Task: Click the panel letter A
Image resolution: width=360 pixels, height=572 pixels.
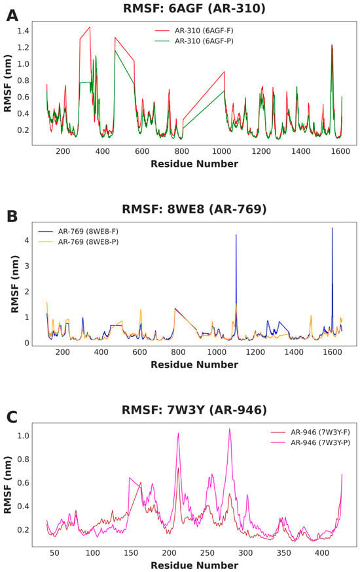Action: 12,16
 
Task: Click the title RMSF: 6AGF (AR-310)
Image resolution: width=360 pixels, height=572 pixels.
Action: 194,8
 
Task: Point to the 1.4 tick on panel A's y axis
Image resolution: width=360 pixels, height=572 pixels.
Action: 23,31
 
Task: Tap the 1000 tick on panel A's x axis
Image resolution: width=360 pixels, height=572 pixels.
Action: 221,151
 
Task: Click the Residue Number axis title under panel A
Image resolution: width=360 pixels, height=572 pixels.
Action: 194,164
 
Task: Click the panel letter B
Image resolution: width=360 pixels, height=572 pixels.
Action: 12,217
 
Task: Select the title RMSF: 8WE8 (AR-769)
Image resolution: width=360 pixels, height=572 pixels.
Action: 194,209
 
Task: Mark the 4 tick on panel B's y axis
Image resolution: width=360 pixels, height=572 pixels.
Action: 27,240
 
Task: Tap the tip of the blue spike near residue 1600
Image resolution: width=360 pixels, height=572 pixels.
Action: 332,228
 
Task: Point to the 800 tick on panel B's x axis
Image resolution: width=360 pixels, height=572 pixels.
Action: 178,352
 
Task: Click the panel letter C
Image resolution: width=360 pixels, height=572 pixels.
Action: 12,417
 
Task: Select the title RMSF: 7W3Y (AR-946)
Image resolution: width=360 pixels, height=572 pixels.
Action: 194,410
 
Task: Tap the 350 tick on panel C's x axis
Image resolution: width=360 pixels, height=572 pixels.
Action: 283,552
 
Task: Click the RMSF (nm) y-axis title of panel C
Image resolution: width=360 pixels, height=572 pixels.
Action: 8,485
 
